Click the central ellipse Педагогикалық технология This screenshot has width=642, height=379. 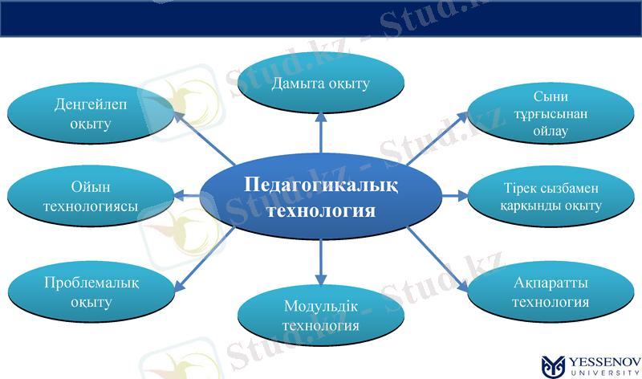320,197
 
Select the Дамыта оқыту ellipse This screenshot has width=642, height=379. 320,84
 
